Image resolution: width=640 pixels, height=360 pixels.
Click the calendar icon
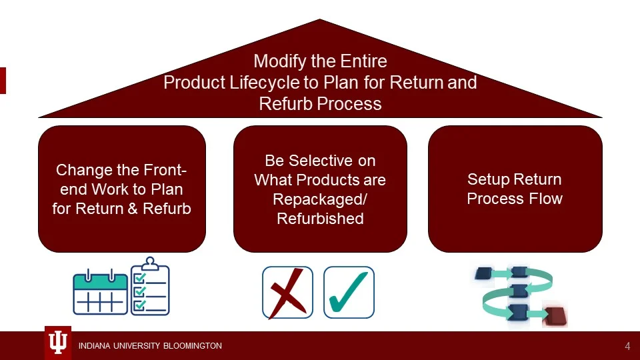tap(100, 291)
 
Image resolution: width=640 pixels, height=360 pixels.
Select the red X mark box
tap(287, 292)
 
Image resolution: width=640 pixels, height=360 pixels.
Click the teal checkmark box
tap(349, 292)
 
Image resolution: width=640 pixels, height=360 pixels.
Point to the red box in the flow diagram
tap(555, 315)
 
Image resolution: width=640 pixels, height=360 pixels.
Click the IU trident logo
tap(58, 343)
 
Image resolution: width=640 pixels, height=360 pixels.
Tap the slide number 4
tap(627, 346)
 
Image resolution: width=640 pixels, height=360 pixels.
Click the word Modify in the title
tap(279, 62)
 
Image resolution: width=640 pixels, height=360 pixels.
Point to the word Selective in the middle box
tap(338, 161)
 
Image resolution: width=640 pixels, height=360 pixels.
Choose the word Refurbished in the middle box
tap(320, 218)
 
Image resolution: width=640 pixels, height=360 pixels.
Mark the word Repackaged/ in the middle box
tap(320, 199)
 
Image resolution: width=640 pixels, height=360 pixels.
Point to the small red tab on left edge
tap(3, 80)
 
